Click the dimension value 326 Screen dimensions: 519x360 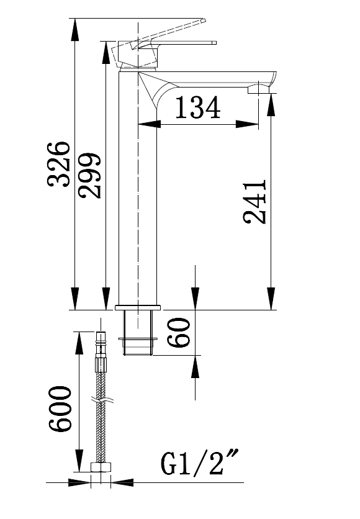59,164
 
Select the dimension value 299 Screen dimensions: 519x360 89,174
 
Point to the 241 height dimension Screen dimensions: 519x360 255,202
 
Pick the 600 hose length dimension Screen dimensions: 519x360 60,409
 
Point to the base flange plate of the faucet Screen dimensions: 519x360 138,307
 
